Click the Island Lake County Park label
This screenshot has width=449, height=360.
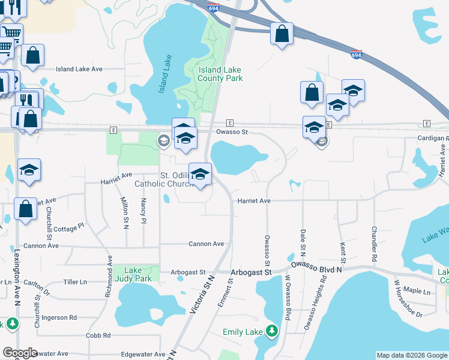coord(220,74)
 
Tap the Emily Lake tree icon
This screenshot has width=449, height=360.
coord(272,331)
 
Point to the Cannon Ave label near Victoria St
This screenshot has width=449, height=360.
coord(206,244)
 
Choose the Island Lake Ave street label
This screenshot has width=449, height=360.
coord(79,69)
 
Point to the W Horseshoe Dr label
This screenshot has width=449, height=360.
coord(408,298)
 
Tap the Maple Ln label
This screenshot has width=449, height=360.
coord(419,292)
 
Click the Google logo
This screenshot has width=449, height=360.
coord(20,353)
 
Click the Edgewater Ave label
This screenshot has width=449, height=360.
coord(143,355)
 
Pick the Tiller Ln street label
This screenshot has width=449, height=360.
coord(75,281)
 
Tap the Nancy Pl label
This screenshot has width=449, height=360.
coord(143,209)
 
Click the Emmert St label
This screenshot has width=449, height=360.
coord(226,294)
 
